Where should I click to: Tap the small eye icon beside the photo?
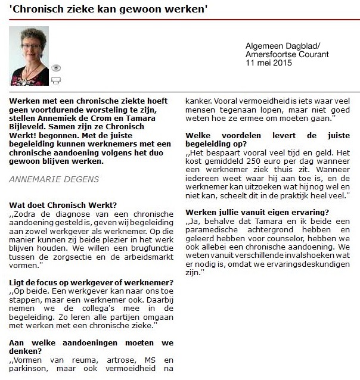tap(57, 68)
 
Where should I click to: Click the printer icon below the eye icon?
tap(57, 80)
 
